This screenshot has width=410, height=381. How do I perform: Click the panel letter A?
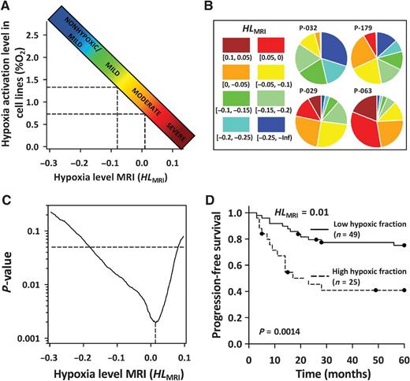point(6,6)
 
